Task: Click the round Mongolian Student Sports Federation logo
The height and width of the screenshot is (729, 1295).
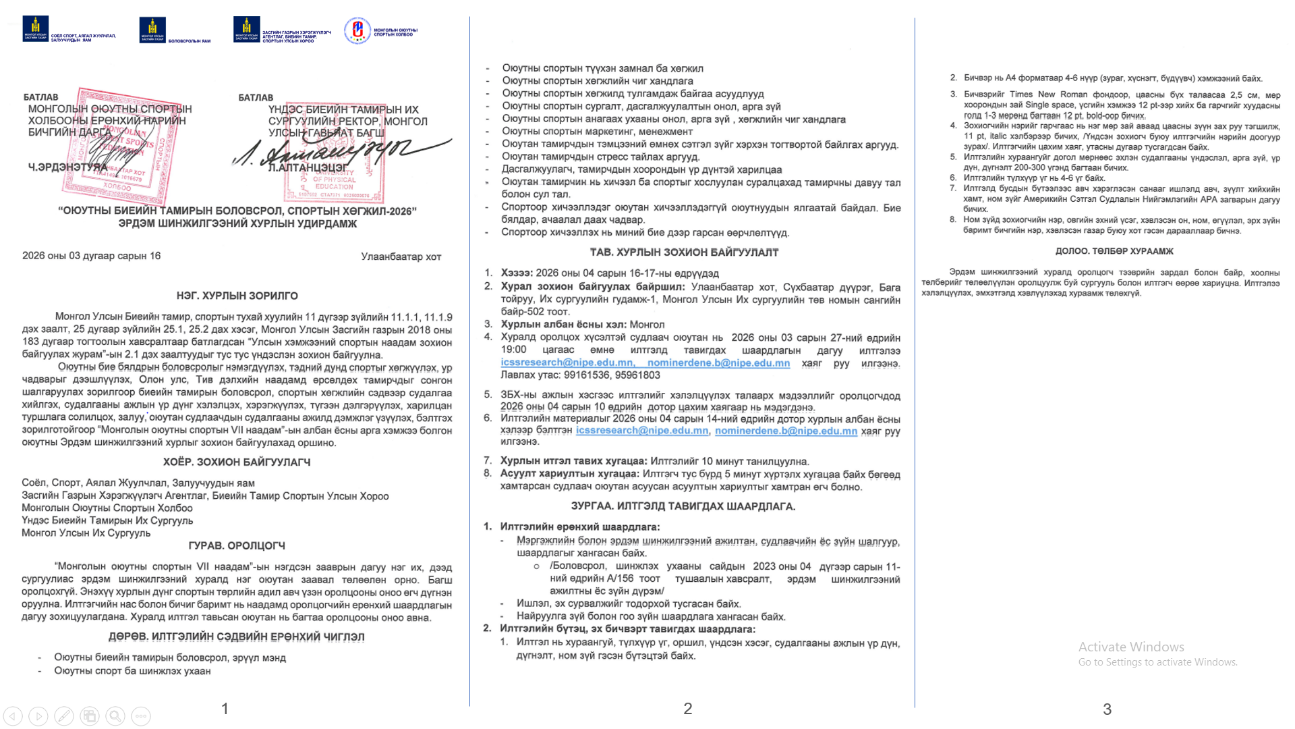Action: (x=357, y=30)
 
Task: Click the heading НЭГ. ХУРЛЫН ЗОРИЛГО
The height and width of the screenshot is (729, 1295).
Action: (x=237, y=296)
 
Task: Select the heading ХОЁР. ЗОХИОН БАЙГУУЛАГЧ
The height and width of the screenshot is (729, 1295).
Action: (x=237, y=462)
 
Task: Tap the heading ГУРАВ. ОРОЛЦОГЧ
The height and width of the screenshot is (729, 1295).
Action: (x=237, y=546)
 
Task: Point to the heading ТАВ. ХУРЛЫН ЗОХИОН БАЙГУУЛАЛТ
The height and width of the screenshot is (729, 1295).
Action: (x=684, y=252)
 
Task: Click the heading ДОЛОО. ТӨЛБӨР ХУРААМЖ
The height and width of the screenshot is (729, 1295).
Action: (x=1114, y=251)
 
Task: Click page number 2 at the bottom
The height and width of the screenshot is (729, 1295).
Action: (x=687, y=709)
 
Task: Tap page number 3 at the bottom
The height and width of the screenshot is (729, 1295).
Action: (x=1107, y=709)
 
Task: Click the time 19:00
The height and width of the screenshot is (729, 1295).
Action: (x=513, y=350)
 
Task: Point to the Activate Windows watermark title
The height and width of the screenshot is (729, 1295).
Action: (x=1131, y=647)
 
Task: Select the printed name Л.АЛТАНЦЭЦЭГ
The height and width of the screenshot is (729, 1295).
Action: (x=308, y=167)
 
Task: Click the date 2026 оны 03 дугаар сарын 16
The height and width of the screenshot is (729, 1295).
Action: (x=91, y=256)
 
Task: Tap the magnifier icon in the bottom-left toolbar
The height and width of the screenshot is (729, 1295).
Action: (x=115, y=716)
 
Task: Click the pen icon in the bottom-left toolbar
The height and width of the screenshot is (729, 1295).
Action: (x=64, y=716)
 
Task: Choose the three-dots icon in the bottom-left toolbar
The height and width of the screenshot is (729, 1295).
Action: (x=141, y=716)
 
